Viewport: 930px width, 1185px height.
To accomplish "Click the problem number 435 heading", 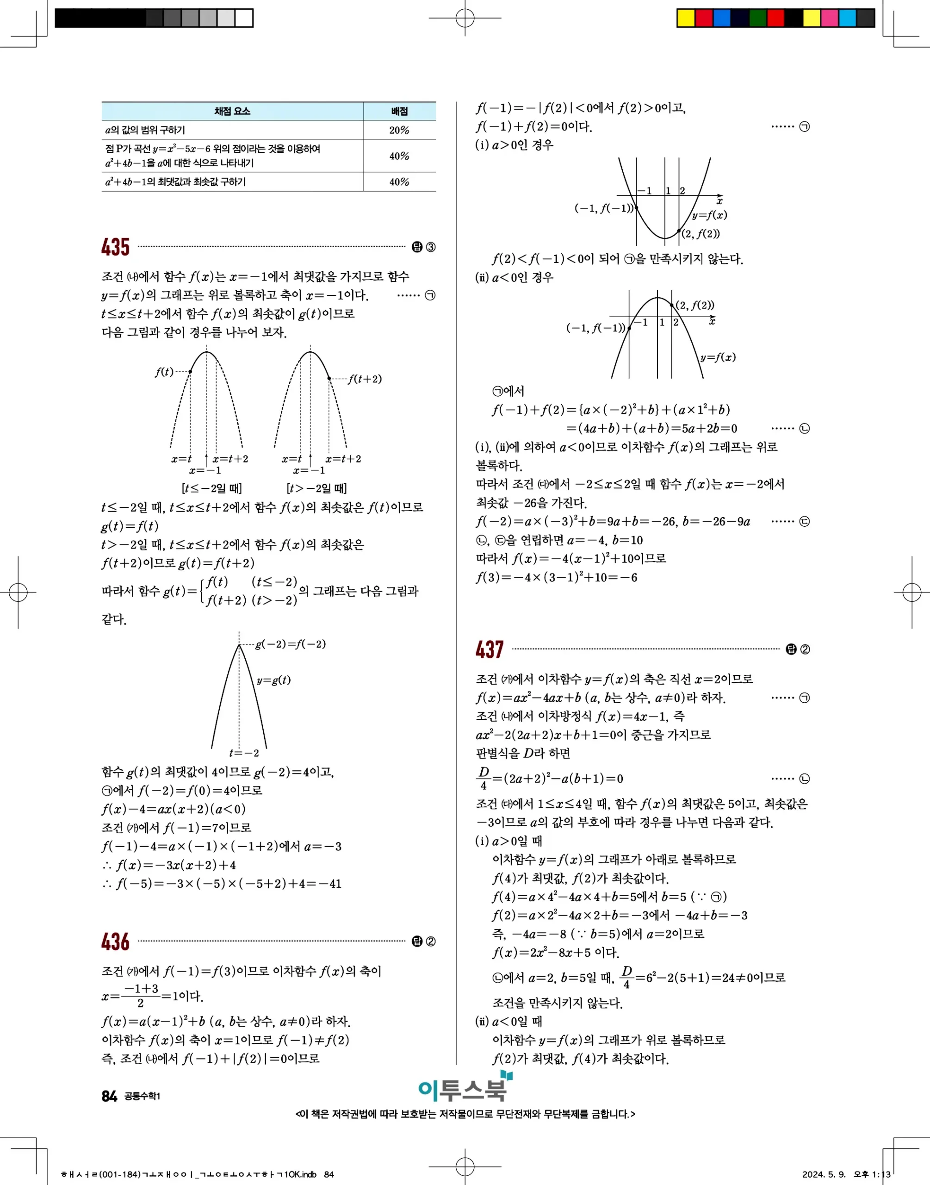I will coord(115,247).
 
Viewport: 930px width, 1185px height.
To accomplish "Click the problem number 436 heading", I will coord(115,942).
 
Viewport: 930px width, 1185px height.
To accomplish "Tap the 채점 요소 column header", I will coord(232,111).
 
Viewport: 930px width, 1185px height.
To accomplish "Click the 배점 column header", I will coord(399,111).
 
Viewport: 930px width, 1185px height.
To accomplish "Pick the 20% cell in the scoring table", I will coord(399,130).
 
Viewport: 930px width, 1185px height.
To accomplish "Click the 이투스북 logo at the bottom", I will coord(464,1089).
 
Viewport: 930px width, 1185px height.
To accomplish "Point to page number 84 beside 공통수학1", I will coord(109,1096).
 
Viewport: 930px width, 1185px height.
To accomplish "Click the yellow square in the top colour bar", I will coord(686,18).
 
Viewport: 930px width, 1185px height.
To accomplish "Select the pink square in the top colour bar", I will coord(829,18).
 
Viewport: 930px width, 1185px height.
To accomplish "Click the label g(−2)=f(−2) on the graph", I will coord(290,644).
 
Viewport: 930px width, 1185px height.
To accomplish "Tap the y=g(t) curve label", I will coord(273,680).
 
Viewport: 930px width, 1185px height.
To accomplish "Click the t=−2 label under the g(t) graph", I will coord(244,753).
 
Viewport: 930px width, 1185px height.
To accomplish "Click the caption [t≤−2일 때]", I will coord(211,488).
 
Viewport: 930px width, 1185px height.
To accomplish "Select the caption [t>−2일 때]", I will coord(316,488).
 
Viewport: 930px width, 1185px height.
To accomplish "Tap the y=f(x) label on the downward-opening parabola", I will coord(718,357).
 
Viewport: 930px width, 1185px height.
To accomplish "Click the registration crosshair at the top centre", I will coord(465,18).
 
